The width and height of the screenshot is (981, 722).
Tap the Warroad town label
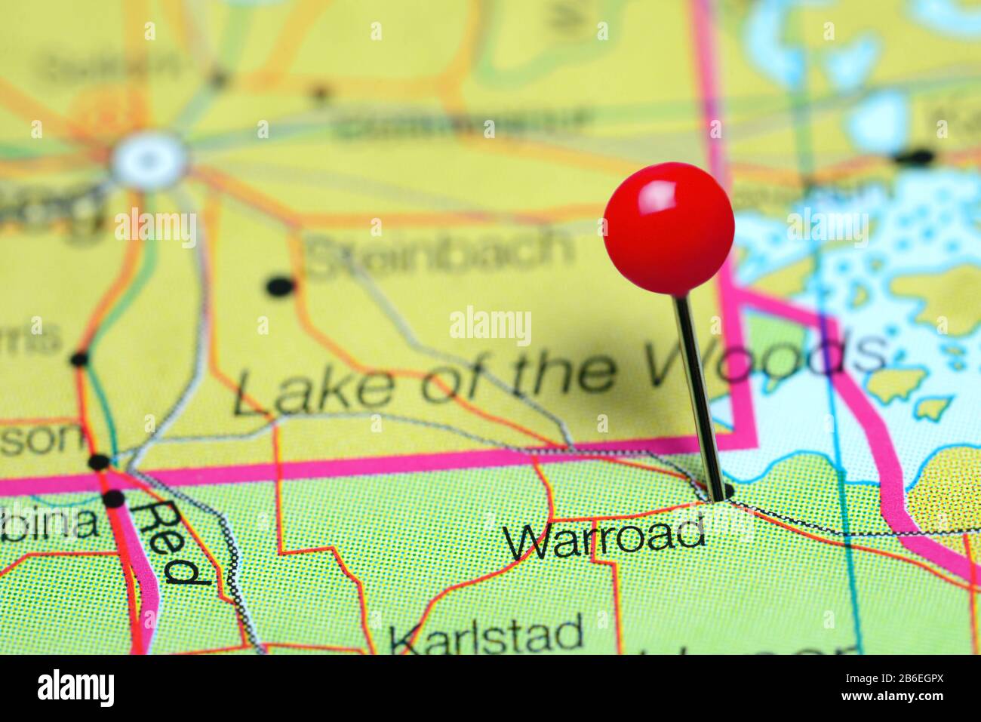click(x=606, y=536)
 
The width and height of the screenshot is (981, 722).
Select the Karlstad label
click(x=487, y=634)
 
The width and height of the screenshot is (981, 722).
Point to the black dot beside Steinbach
click(x=279, y=286)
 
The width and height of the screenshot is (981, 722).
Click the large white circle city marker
click(x=149, y=159)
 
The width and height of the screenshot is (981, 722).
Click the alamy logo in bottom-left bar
click(x=76, y=687)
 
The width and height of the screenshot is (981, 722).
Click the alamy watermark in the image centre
click(x=490, y=325)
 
